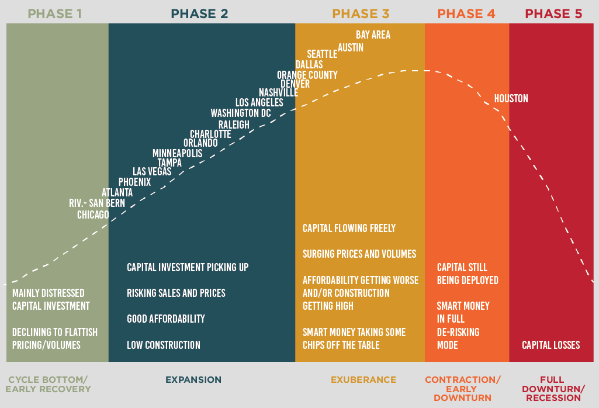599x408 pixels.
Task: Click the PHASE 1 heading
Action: coord(54,14)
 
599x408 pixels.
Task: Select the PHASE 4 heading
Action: coord(466,14)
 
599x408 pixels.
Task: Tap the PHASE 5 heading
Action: coord(553,14)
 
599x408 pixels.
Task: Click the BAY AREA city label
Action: coord(373,34)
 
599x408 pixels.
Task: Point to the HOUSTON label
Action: coord(511,99)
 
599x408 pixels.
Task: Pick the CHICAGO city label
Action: coord(94,215)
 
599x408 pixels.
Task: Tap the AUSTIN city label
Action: coord(351,48)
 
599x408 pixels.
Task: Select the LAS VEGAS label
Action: coord(152,171)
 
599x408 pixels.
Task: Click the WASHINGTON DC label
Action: coord(241,113)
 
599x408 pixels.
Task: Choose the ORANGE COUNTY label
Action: coord(307,75)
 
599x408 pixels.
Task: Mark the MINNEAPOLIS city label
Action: coord(178,153)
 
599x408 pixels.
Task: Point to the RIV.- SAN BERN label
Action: coord(97,203)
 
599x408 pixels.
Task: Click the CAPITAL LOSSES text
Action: coord(551,345)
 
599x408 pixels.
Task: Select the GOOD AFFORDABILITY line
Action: coord(166,319)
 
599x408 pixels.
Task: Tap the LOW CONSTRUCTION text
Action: coord(164,345)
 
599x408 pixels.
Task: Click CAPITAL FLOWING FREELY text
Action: coord(349,229)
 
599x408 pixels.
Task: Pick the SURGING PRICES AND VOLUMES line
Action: coord(359,254)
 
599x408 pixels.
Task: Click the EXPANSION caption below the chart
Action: coord(193,380)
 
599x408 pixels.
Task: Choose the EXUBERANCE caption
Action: coord(363,380)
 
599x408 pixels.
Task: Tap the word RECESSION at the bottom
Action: coord(553,397)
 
